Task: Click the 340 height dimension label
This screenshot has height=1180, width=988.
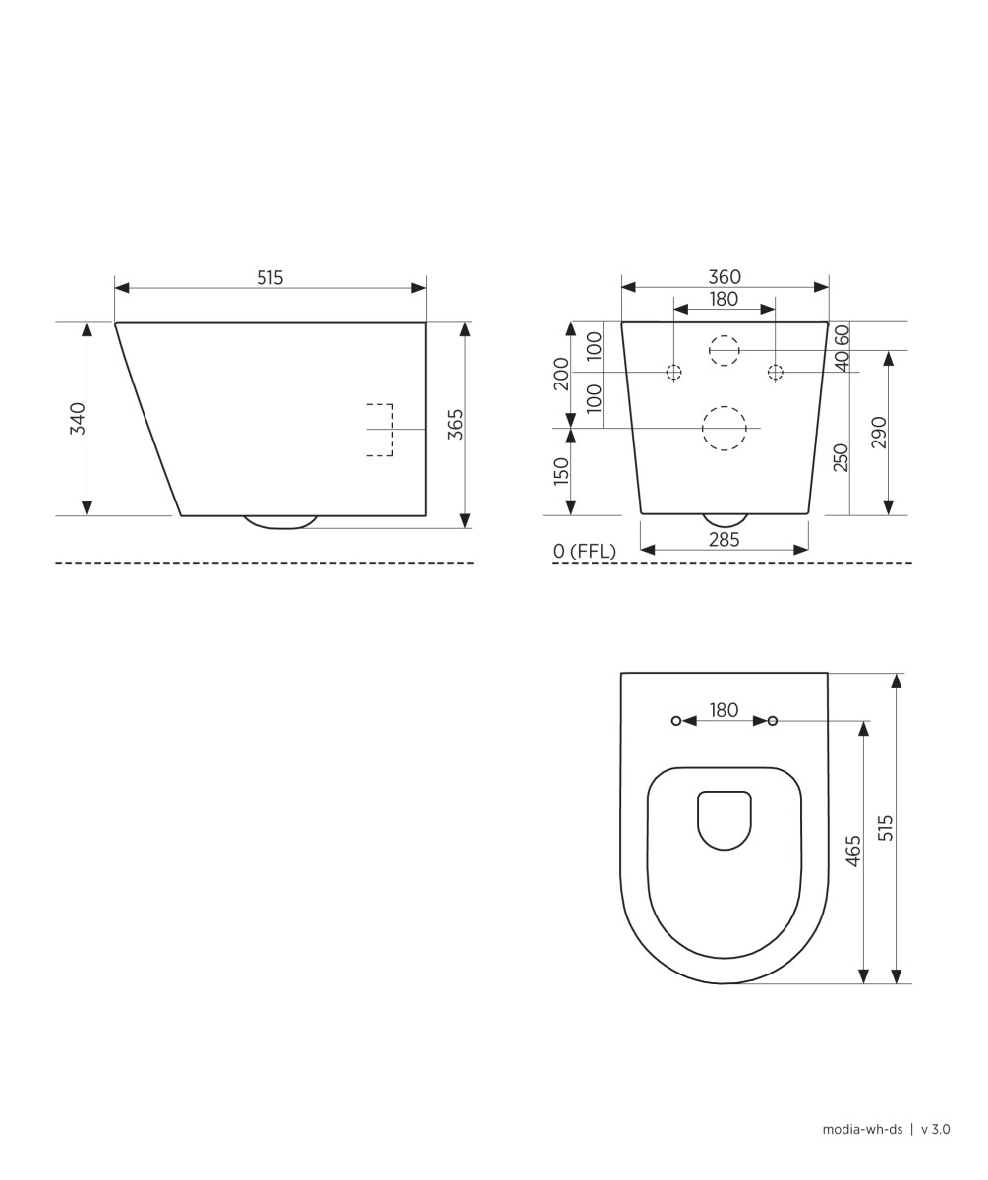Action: coord(78,418)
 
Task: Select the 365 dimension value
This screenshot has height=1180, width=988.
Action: coord(455,424)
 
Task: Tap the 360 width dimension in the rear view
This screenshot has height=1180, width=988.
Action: coord(725,277)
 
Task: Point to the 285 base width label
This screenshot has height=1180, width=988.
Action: coord(725,540)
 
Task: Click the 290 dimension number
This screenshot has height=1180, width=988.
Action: coord(879,433)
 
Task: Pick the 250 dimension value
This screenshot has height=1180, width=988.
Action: coord(842,458)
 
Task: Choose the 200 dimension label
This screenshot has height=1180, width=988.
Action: coord(561,374)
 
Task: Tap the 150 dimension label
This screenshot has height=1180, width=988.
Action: coord(561,471)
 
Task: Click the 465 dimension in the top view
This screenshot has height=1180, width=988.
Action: coord(853,852)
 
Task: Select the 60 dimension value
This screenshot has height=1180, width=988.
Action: coord(842,335)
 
